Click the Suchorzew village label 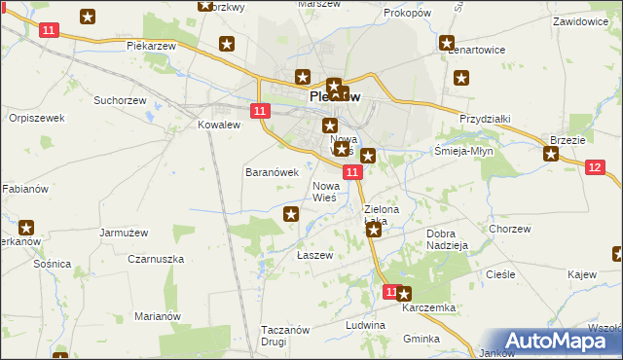click(119, 100)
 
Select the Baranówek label click(270, 171)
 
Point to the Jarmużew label click(124, 233)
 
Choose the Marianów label click(159, 316)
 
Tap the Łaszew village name click(314, 255)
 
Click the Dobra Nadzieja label click(448, 239)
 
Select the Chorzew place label click(510, 230)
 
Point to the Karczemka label click(431, 307)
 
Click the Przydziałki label click(485, 118)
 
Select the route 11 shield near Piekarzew click(49, 30)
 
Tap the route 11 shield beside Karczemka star click(390, 291)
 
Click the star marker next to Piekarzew click(227, 44)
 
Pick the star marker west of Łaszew click(290, 214)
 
